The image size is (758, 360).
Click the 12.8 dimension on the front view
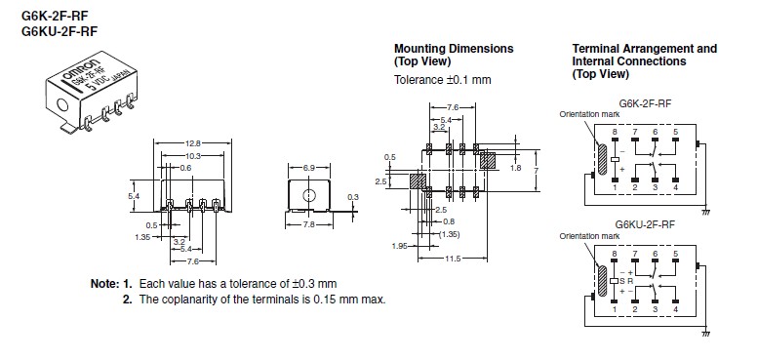click(192, 143)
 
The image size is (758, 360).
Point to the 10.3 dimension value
click(192, 155)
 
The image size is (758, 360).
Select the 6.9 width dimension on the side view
click(309, 168)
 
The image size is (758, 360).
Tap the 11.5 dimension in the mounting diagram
click(453, 259)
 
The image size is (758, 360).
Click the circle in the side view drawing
click(308, 195)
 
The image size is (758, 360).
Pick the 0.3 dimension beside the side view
click(353, 197)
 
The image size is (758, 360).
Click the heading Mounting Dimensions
click(454, 49)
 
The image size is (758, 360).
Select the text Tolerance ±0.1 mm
click(443, 80)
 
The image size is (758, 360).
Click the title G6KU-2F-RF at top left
click(60, 31)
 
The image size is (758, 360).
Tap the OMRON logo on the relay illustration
click(81, 71)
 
